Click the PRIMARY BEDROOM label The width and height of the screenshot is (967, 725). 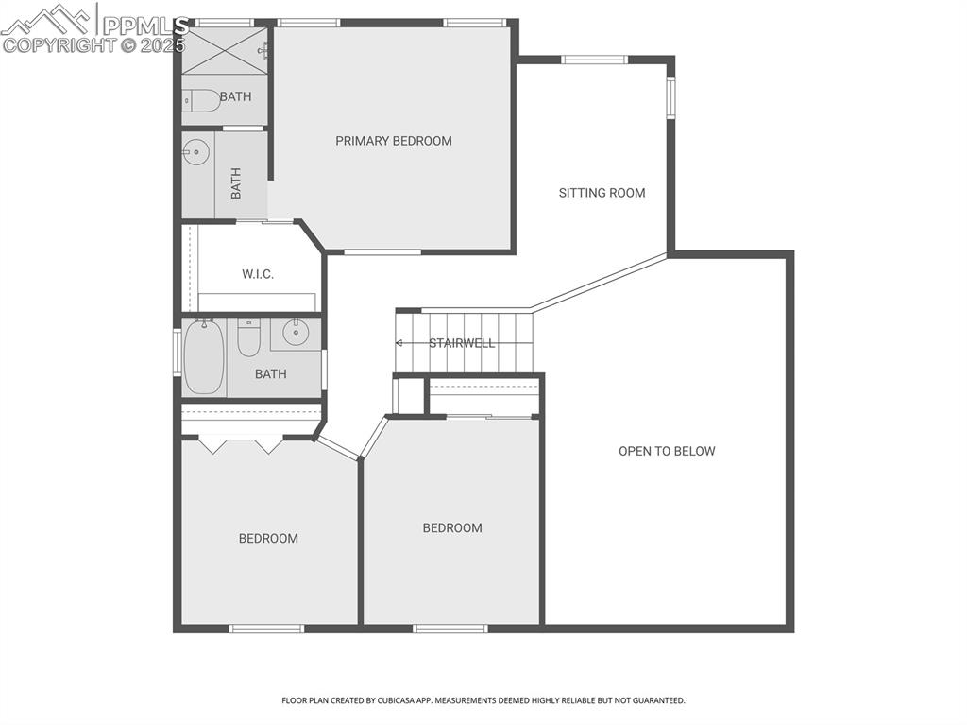(x=394, y=141)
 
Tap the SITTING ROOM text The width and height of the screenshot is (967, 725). (x=602, y=193)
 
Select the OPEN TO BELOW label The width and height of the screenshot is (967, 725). (x=667, y=451)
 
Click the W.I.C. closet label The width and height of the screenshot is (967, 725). (x=257, y=274)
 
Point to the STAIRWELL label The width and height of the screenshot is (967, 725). (x=462, y=343)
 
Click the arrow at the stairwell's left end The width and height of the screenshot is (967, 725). (x=399, y=343)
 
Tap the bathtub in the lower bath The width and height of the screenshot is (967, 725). (x=203, y=357)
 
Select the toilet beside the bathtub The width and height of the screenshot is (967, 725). (x=248, y=338)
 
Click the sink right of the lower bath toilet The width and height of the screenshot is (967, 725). (x=296, y=333)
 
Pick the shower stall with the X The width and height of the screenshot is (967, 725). (x=225, y=50)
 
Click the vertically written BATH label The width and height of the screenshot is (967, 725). (x=236, y=182)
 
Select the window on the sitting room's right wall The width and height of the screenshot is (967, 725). (x=671, y=97)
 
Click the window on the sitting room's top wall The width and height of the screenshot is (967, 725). (x=594, y=60)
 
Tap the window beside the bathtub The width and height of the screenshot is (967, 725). (x=177, y=352)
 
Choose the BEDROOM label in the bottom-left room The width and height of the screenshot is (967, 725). (x=268, y=539)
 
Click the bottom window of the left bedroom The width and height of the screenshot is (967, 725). (x=266, y=629)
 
